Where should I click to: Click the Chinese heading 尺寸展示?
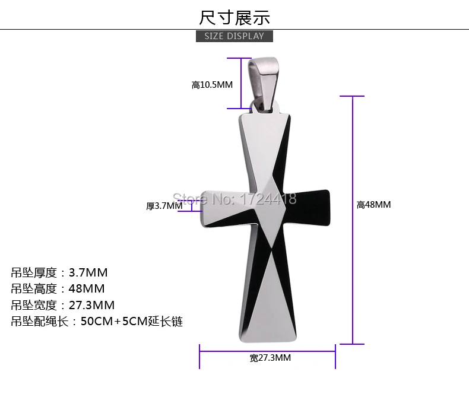235,18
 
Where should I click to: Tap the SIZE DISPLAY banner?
235,36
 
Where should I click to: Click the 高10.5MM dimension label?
212,85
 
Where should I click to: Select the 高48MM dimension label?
373,205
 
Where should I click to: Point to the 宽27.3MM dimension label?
270,358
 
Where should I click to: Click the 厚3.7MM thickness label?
164,206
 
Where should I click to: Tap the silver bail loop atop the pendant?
263,84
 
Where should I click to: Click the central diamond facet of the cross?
270,211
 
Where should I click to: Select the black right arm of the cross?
308,207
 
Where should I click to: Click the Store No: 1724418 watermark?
235,199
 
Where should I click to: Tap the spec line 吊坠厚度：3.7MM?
59,272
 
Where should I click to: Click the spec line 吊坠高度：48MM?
58,289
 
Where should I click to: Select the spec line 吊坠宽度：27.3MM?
63,305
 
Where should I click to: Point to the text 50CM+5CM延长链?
132,322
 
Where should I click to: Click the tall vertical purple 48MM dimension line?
353,220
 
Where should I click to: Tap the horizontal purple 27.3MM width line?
267,351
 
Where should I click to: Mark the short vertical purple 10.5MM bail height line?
241,84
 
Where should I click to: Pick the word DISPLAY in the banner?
245,36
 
